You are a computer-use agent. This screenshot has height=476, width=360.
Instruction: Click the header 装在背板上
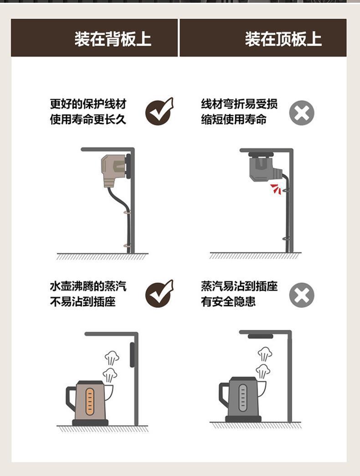point(113,39)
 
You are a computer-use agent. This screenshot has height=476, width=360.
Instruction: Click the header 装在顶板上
point(283,39)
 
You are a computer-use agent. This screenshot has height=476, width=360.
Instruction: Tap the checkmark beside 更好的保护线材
point(159,111)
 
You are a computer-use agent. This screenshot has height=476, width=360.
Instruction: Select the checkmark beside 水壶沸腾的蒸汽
point(159,294)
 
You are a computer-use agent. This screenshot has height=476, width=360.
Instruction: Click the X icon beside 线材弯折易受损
point(302,113)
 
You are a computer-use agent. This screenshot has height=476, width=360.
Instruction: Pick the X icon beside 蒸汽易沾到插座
point(302,295)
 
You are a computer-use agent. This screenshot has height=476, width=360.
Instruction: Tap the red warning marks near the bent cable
point(276,188)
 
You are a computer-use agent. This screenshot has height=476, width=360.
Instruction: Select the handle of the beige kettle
point(71,398)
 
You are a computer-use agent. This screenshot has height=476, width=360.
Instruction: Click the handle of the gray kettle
point(225,395)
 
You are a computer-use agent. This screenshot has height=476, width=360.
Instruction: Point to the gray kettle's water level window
point(242,398)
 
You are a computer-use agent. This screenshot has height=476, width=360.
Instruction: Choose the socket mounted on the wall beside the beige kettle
point(132,355)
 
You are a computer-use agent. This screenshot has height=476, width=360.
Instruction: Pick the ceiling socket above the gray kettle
point(261,336)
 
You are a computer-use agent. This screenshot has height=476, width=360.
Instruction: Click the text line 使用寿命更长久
point(88,119)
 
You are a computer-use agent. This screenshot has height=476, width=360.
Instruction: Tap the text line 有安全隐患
point(228,301)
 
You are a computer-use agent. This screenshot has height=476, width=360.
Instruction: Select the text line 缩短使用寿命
point(234,119)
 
